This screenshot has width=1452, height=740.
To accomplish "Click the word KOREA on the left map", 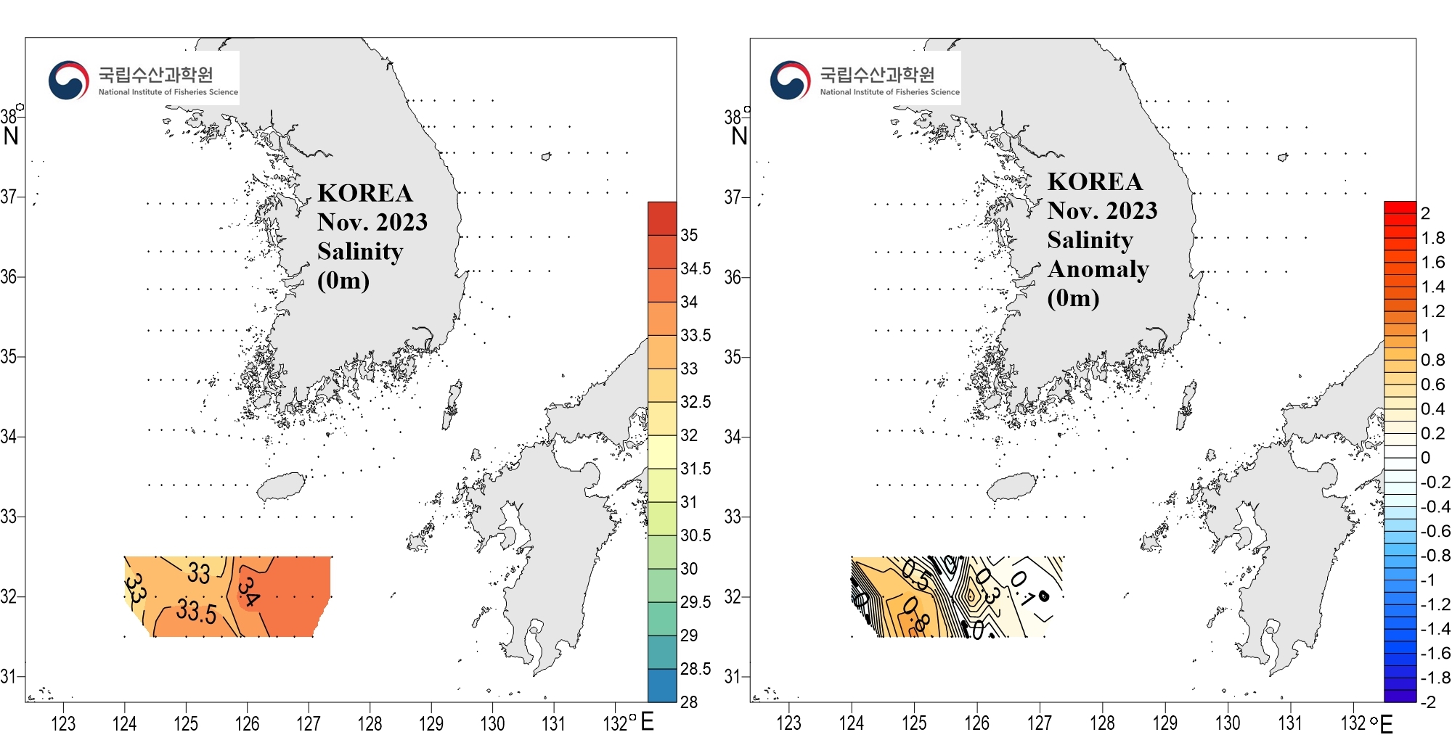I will (365, 193).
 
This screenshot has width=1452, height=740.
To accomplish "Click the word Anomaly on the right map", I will (1098, 269).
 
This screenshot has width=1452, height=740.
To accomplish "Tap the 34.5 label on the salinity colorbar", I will (696, 268).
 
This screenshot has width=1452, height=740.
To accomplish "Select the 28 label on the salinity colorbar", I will (689, 702).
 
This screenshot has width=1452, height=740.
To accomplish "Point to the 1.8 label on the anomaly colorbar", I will (1433, 238).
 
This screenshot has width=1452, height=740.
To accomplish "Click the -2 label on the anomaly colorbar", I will (1428, 702).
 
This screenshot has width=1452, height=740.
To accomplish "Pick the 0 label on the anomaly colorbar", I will (1426, 457).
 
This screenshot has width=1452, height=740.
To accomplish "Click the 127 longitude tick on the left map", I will (309, 723).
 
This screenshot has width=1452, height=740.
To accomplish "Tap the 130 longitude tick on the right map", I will (1228, 723).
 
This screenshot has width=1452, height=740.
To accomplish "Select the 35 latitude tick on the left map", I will (9, 357).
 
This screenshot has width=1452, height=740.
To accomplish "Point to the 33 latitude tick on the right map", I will (733, 517).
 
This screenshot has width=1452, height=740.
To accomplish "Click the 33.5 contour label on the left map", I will (196, 611).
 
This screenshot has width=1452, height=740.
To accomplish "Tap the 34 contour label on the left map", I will (248, 591).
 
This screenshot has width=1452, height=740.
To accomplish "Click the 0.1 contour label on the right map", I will (1022, 588).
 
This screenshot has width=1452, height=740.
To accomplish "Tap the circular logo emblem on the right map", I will (790, 80).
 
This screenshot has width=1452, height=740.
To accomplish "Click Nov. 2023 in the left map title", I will (372, 222).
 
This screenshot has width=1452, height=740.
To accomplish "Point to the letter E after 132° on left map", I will (647, 721).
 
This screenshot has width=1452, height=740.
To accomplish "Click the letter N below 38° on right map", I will (739, 136).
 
